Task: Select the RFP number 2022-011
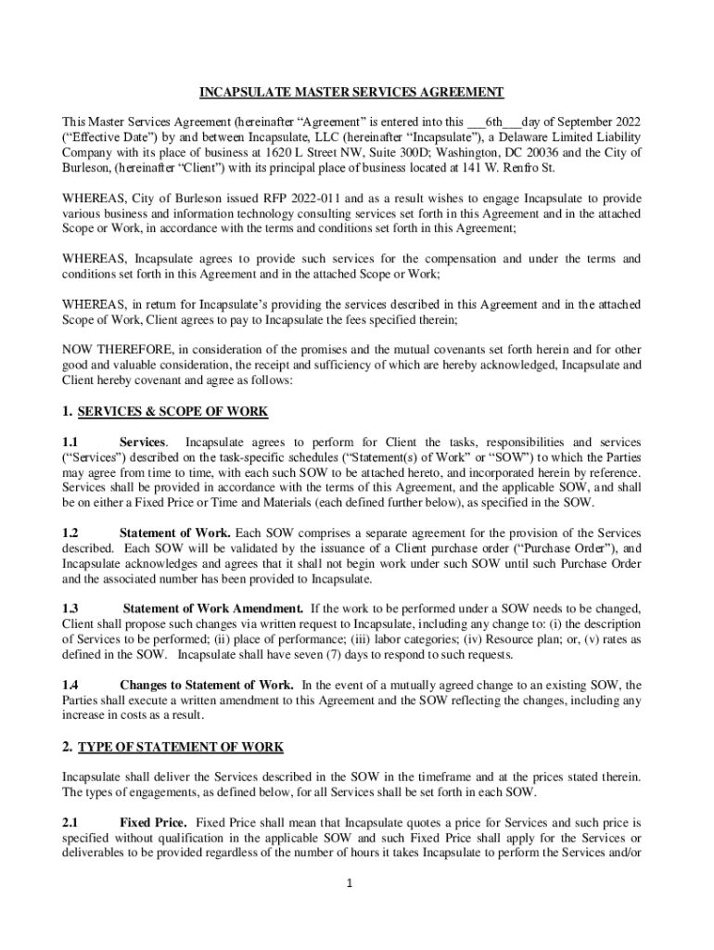click(x=274, y=198)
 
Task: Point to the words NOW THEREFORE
click(x=110, y=350)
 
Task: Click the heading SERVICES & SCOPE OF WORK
click(x=172, y=410)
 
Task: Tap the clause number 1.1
click(x=70, y=442)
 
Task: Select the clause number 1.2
click(x=70, y=533)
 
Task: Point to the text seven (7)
click(x=347, y=655)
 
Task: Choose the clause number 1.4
click(x=70, y=685)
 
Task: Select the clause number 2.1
click(x=70, y=822)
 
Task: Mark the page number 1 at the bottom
click(x=351, y=884)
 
